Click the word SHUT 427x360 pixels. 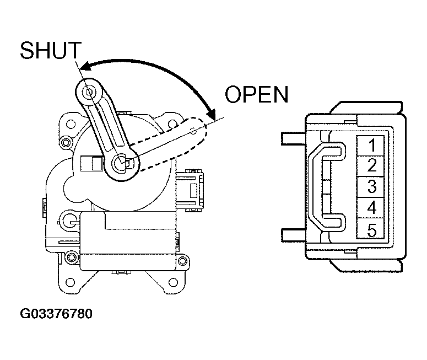pyautogui.click(x=51, y=50)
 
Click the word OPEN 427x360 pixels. pyautogui.click(x=257, y=94)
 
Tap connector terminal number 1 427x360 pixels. pyautogui.click(x=371, y=146)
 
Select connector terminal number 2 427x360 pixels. pyautogui.click(x=371, y=166)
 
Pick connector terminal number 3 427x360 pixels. pyautogui.click(x=371, y=187)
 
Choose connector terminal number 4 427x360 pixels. pyautogui.click(x=371, y=207)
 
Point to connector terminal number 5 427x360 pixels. pyautogui.click(x=371, y=228)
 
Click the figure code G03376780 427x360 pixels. pyautogui.click(x=56, y=314)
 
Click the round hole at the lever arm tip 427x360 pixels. pyautogui.click(x=89, y=92)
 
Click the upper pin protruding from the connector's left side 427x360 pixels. pyautogui.click(x=294, y=138)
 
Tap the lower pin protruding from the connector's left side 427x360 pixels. pyautogui.click(x=294, y=235)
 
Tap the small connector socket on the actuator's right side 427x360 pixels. pyautogui.click(x=190, y=190)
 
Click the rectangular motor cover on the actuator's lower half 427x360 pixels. pyautogui.click(x=128, y=241)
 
